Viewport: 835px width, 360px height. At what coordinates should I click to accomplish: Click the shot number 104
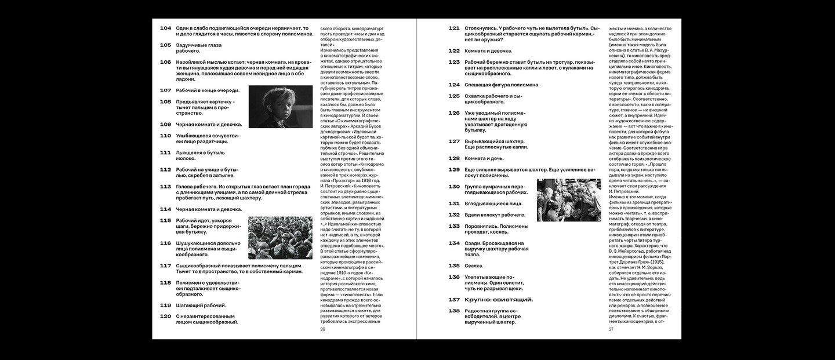(165, 28)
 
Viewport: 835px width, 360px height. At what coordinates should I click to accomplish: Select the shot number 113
(165, 187)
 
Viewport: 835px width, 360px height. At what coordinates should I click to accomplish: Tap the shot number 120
(165, 316)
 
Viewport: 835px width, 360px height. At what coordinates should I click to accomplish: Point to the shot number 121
(454, 28)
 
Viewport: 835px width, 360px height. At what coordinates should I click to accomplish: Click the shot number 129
(454, 169)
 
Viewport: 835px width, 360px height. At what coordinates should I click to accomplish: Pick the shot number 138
(454, 311)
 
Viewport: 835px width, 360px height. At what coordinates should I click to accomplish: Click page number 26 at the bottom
(323, 329)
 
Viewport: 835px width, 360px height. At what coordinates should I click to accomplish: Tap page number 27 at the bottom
(611, 329)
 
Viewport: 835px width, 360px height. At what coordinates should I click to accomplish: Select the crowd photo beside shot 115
(273, 238)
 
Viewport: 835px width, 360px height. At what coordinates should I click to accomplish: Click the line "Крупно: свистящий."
(499, 299)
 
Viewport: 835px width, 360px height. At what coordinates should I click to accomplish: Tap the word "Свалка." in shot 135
(474, 266)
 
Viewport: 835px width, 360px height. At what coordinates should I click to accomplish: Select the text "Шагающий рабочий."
(201, 305)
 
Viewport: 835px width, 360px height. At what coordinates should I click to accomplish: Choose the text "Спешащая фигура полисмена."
(502, 85)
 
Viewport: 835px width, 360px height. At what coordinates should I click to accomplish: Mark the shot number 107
(165, 90)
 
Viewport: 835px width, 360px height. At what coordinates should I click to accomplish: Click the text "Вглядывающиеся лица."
(493, 203)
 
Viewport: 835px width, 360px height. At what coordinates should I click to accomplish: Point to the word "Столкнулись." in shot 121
(484, 28)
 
